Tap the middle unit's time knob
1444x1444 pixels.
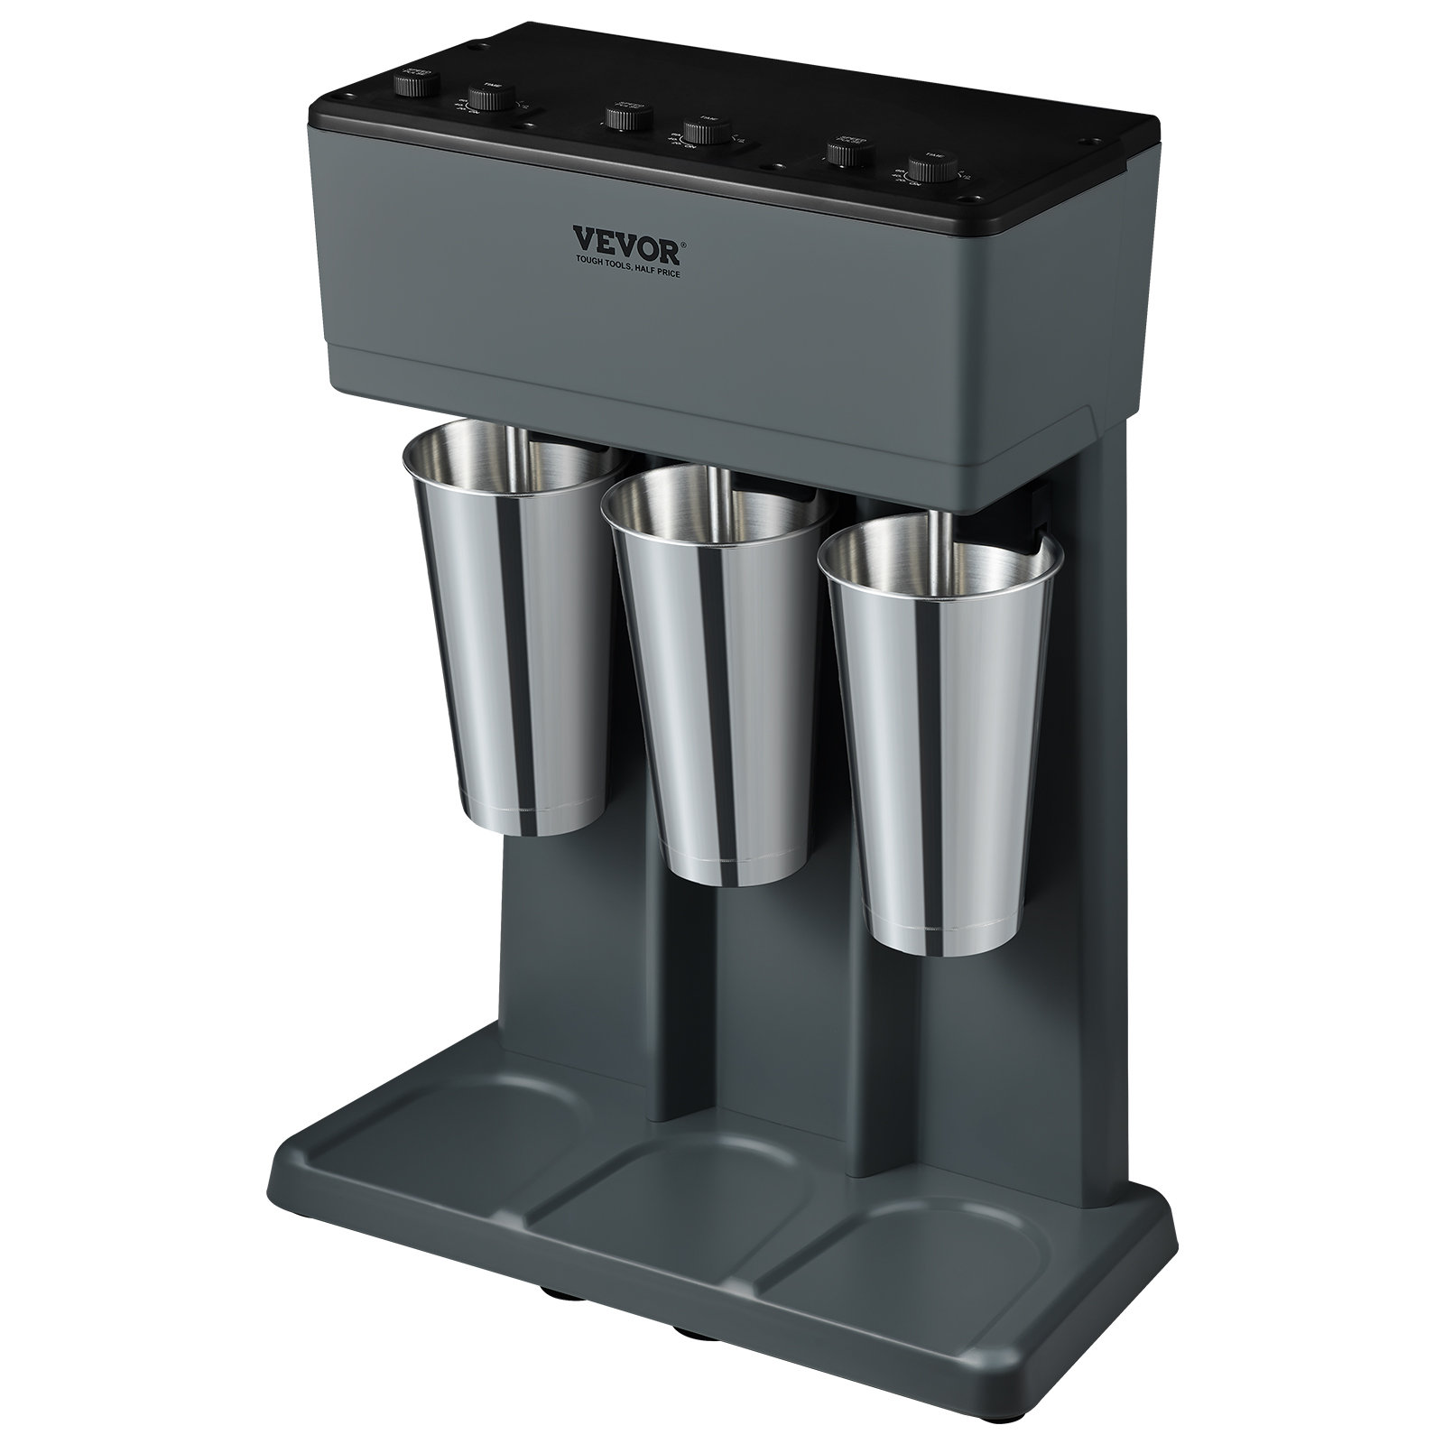[699, 132]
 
